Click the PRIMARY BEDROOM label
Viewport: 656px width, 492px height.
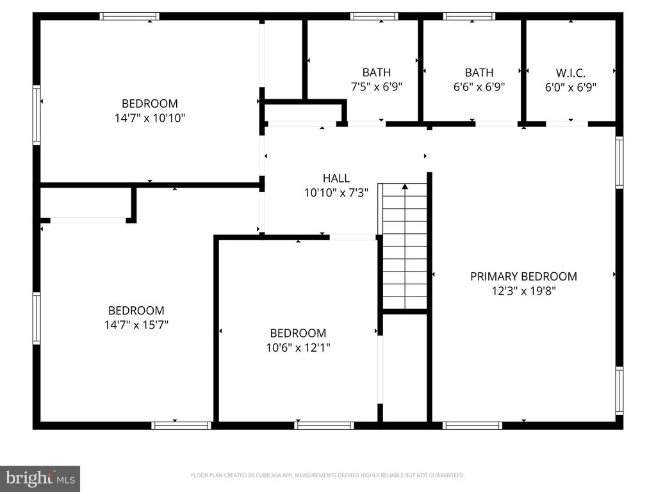pyautogui.click(x=523, y=276)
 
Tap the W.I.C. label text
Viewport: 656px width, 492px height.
pyautogui.click(x=570, y=72)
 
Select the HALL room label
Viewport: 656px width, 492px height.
pyautogui.click(x=336, y=178)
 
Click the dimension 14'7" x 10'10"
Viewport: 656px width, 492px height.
pyautogui.click(x=149, y=118)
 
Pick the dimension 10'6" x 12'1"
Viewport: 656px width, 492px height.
pyautogui.click(x=298, y=348)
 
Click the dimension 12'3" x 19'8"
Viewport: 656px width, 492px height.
pyautogui.click(x=523, y=291)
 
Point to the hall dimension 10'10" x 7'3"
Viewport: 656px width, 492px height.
pyautogui.click(x=336, y=193)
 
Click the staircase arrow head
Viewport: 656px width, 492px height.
pyautogui.click(x=404, y=186)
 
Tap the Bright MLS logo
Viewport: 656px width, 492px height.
pyautogui.click(x=40, y=478)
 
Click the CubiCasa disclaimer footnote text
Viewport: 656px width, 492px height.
pyautogui.click(x=327, y=475)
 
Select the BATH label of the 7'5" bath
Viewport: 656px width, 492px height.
pyautogui.click(x=376, y=72)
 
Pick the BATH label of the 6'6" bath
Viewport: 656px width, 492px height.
pyautogui.click(x=479, y=72)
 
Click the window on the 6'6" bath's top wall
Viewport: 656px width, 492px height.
pyautogui.click(x=469, y=16)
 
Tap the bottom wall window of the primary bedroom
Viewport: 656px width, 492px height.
pyautogui.click(x=472, y=425)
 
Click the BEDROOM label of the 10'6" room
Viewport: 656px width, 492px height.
pyautogui.click(x=298, y=333)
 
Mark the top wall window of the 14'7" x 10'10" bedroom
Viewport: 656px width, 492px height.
pyautogui.click(x=130, y=16)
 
